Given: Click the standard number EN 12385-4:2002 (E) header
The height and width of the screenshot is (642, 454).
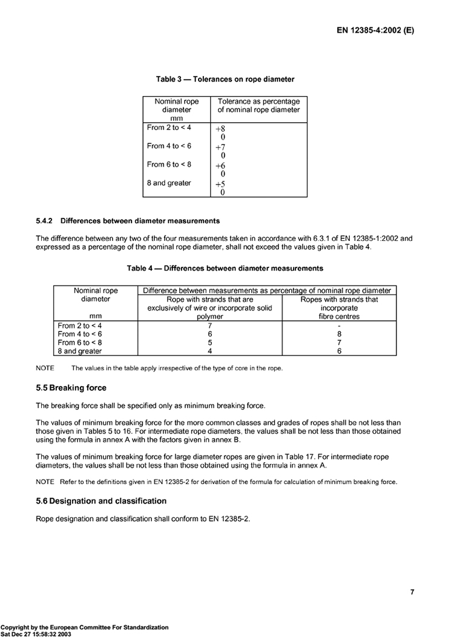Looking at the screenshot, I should click(x=375, y=30).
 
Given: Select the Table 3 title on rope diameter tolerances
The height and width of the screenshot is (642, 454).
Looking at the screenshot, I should click(x=225, y=79).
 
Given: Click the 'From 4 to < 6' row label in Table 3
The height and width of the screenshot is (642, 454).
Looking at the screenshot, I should click(x=169, y=146).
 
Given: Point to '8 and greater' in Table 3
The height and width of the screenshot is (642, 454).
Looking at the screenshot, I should click(x=169, y=183).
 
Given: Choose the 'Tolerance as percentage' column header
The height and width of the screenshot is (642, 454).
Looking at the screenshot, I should click(x=258, y=102).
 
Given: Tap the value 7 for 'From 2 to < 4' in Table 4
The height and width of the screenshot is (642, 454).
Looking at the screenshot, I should click(x=209, y=326).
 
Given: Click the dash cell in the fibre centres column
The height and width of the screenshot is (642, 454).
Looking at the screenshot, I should click(x=339, y=326).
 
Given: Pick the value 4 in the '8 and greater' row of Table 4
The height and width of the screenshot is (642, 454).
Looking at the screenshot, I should click(x=209, y=351).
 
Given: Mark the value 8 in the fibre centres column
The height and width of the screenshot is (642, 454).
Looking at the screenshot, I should click(x=339, y=334).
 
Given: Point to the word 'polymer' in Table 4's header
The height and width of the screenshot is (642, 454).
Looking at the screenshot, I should click(x=210, y=316).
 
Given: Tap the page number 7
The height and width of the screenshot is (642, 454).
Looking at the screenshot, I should click(x=412, y=592).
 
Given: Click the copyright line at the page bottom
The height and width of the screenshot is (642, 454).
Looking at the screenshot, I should click(x=85, y=627).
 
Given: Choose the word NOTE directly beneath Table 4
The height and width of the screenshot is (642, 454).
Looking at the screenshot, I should click(x=45, y=368).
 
